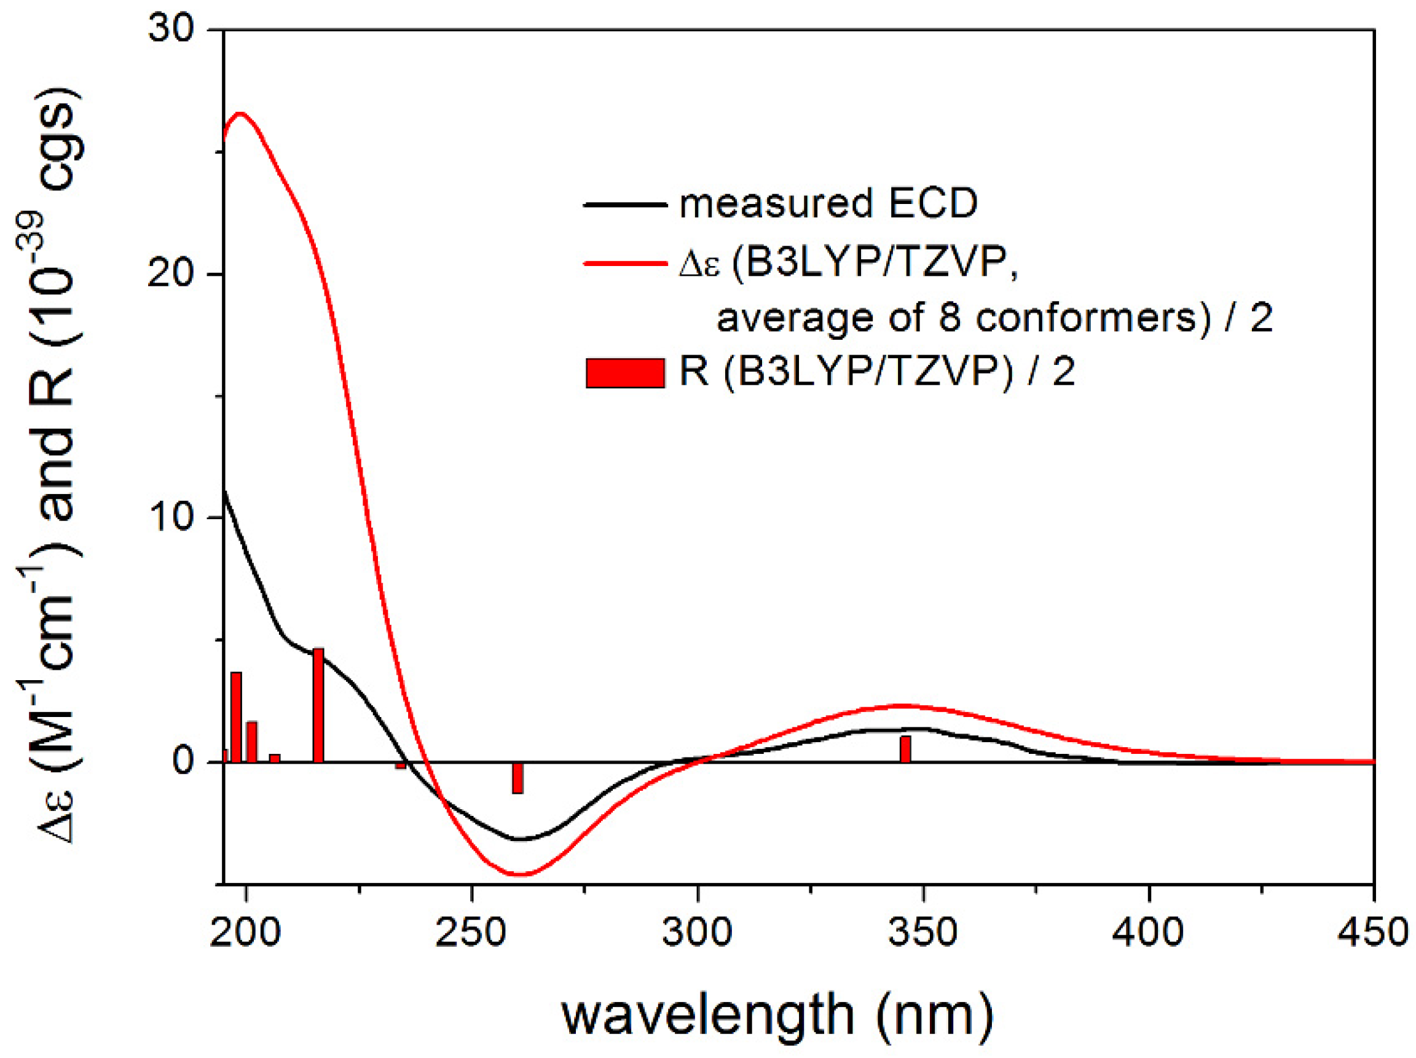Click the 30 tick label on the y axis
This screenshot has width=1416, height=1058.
[x=171, y=29]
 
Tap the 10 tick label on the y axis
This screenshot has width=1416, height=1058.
[x=171, y=518]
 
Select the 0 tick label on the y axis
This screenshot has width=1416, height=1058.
[x=183, y=762]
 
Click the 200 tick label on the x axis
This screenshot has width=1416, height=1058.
[x=245, y=933]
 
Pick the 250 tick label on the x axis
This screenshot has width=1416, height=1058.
[x=471, y=933]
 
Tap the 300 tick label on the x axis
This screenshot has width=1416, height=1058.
[x=697, y=933]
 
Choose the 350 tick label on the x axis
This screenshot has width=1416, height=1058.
[x=923, y=933]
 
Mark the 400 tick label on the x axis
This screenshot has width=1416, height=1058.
[x=1149, y=933]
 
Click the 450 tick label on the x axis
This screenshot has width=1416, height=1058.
[x=1374, y=933]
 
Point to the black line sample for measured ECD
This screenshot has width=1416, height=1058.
[x=625, y=205]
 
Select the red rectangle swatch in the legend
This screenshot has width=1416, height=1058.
[x=625, y=373]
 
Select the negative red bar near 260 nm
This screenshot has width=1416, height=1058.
[x=517, y=778]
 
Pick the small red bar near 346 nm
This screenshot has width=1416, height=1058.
[x=905, y=750]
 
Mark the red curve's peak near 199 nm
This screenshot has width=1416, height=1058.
[x=241, y=114]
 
